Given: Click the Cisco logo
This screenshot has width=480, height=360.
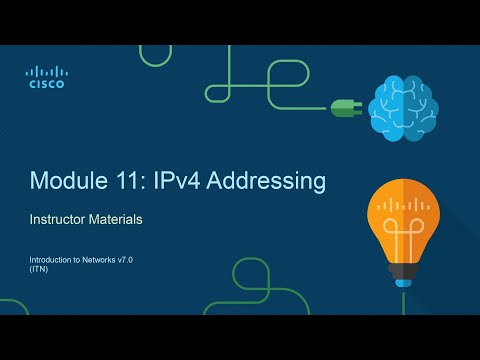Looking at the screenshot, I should tap(46, 78).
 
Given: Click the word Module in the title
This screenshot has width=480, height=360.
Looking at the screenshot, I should tap(67, 181).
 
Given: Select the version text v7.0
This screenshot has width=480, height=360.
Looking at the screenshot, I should tap(133, 261).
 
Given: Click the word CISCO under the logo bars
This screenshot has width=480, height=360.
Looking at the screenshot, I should tap(46, 85).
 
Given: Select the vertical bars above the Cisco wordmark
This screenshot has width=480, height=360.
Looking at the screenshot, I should tap(46, 71).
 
